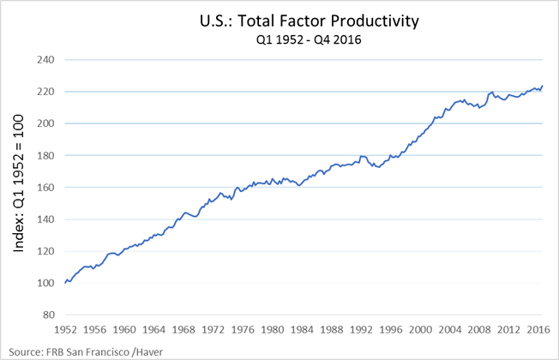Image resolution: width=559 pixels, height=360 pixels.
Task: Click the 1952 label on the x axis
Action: [x=65, y=330]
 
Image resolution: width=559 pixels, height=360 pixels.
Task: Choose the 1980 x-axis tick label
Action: [x=273, y=330]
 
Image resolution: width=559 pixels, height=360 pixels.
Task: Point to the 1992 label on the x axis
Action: [x=362, y=330]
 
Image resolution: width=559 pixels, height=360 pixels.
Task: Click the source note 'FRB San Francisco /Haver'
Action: [x=107, y=351]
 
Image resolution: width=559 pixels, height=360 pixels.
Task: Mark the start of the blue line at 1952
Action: [x=65, y=283]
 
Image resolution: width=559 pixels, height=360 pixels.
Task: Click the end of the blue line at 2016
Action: [x=542, y=86]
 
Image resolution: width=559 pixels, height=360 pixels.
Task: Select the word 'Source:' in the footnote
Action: [x=26, y=351]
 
